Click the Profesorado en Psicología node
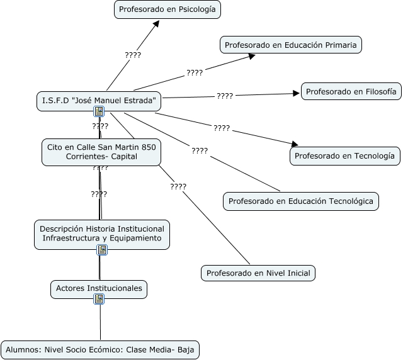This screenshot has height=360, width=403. (x=167, y=9)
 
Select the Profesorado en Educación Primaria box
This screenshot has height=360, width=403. (x=291, y=45)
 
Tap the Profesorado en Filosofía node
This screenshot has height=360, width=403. (x=351, y=91)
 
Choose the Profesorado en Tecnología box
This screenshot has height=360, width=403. (x=345, y=156)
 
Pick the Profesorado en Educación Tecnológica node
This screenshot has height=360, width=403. (x=301, y=201)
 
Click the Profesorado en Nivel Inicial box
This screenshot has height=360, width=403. (x=258, y=273)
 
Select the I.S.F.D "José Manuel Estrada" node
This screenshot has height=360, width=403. (x=99, y=101)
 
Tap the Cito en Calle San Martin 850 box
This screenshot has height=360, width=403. (x=101, y=152)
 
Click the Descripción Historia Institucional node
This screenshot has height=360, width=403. (x=102, y=234)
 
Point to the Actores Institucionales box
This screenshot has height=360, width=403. (x=99, y=289)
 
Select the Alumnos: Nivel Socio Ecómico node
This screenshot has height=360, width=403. (x=100, y=350)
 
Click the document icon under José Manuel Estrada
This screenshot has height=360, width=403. (x=99, y=111)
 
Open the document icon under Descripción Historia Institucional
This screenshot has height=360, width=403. (x=102, y=250)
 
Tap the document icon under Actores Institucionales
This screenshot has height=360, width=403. (x=99, y=299)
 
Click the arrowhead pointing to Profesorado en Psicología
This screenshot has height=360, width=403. (x=156, y=24)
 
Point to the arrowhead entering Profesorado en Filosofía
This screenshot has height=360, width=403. (x=297, y=94)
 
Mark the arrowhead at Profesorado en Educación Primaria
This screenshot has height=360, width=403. (x=252, y=56)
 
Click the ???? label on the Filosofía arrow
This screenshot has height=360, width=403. (x=225, y=96)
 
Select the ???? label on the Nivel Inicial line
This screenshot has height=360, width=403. (x=178, y=186)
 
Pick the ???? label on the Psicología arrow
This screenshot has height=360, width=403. (x=133, y=55)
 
